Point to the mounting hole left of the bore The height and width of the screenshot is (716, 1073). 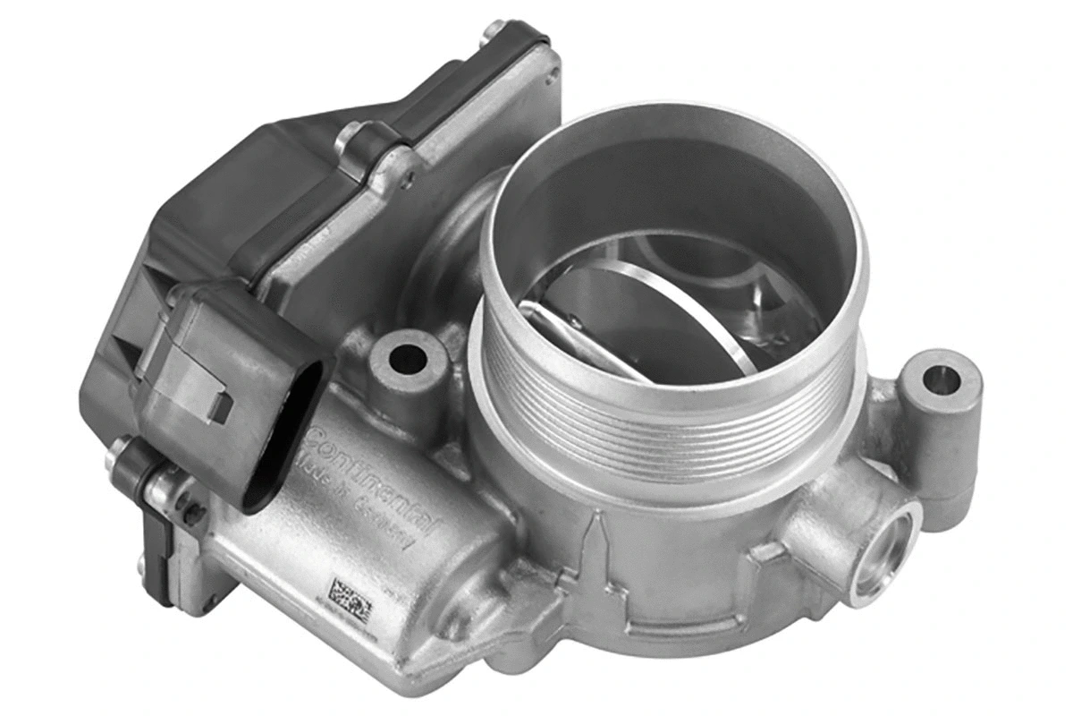click(408, 357)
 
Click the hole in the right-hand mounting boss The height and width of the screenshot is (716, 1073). click(939, 379)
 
